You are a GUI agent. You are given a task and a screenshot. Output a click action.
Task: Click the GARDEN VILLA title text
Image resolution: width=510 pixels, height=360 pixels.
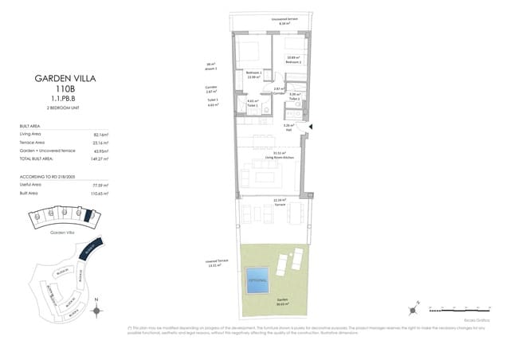(x=65, y=78)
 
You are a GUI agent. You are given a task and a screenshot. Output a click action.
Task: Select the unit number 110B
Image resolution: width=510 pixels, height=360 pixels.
(x=65, y=89)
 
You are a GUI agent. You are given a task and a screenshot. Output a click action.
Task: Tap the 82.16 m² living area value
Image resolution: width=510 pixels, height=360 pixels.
(x=100, y=135)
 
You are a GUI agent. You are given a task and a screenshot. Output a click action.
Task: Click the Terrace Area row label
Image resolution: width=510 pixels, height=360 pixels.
(x=33, y=143)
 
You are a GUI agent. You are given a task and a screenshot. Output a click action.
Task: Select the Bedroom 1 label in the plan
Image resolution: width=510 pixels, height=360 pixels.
(x=253, y=73)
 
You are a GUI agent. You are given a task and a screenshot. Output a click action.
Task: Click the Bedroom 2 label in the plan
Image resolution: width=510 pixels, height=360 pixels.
(x=293, y=60)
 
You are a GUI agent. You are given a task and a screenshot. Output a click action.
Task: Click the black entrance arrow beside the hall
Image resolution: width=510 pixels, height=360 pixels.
(x=312, y=126)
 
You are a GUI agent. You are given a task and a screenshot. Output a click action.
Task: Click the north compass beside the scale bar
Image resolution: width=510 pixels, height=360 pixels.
(x=415, y=305)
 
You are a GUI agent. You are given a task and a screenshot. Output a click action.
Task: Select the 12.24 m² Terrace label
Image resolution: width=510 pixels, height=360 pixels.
(x=279, y=202)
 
